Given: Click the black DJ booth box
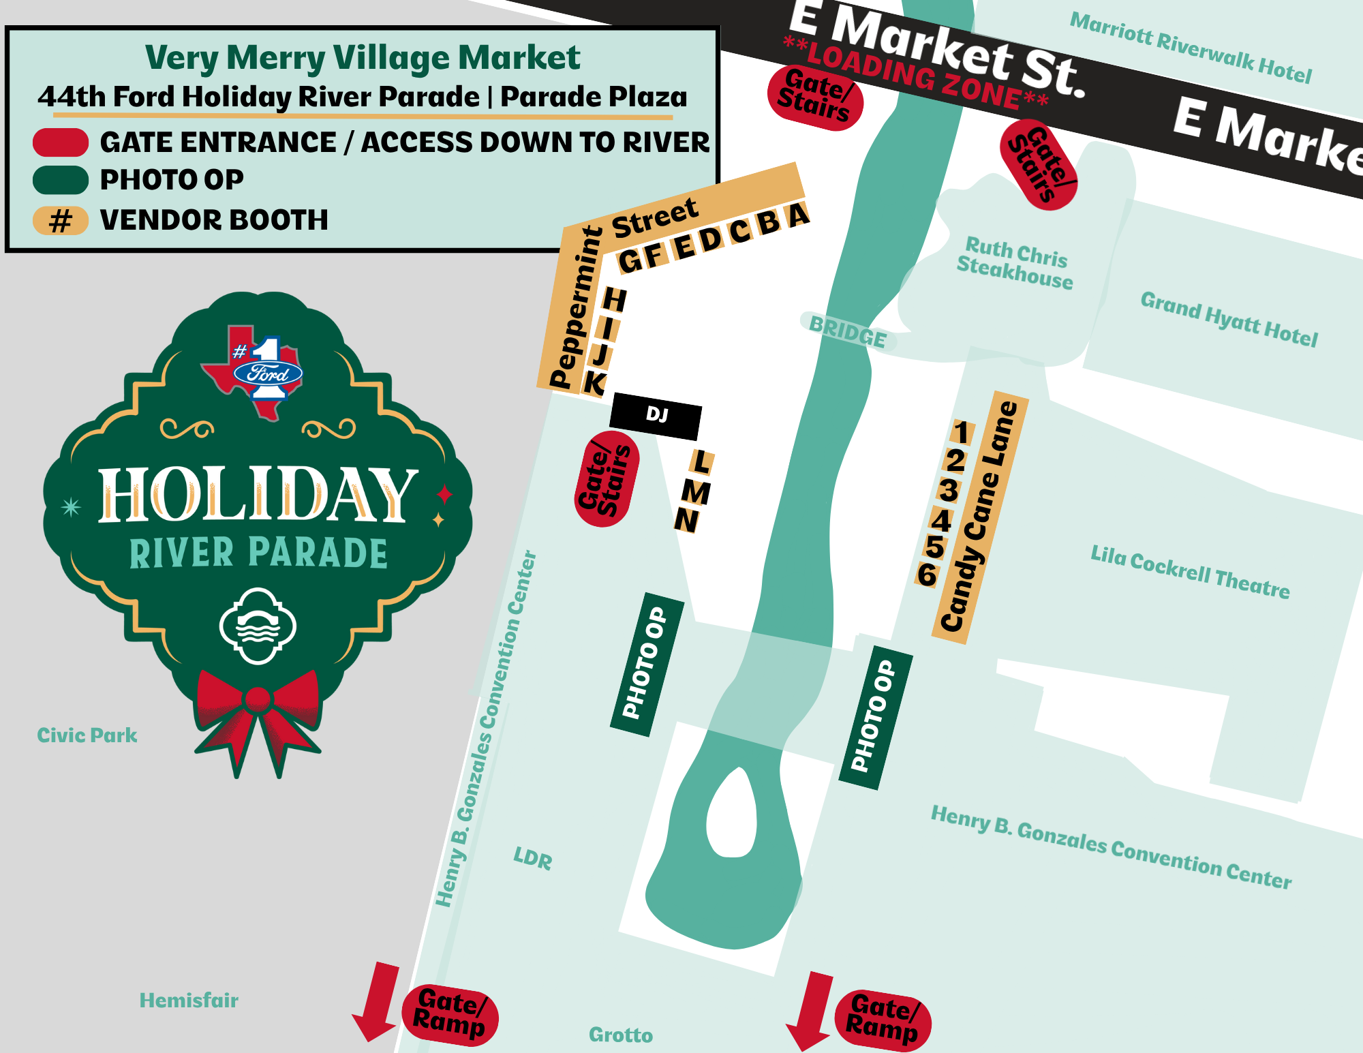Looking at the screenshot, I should [656, 415].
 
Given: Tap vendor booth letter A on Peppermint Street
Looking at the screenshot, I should [797, 215].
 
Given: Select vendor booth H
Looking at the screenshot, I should [614, 299].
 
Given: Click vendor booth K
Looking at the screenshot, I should [594, 384].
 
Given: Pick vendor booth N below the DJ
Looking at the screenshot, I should [686, 521].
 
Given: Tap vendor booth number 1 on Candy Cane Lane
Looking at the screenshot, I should [962, 432].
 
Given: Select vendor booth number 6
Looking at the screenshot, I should [927, 575].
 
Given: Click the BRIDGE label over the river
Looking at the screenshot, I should [848, 332].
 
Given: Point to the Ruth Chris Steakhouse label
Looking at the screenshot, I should [1015, 263].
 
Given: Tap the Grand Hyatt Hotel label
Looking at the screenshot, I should [1229, 319].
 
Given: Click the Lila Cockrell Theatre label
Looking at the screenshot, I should [1190, 572].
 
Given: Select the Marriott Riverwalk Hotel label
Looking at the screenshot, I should [1191, 47].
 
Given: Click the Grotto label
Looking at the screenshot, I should [620, 1035].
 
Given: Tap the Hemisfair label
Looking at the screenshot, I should [189, 1001].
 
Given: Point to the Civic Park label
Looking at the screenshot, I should [87, 735].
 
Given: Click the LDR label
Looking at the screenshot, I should [533, 858].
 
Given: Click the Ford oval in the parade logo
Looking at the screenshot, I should [267, 373].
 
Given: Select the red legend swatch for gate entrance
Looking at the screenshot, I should [61, 142].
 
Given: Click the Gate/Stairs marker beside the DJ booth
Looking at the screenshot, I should [606, 479].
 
